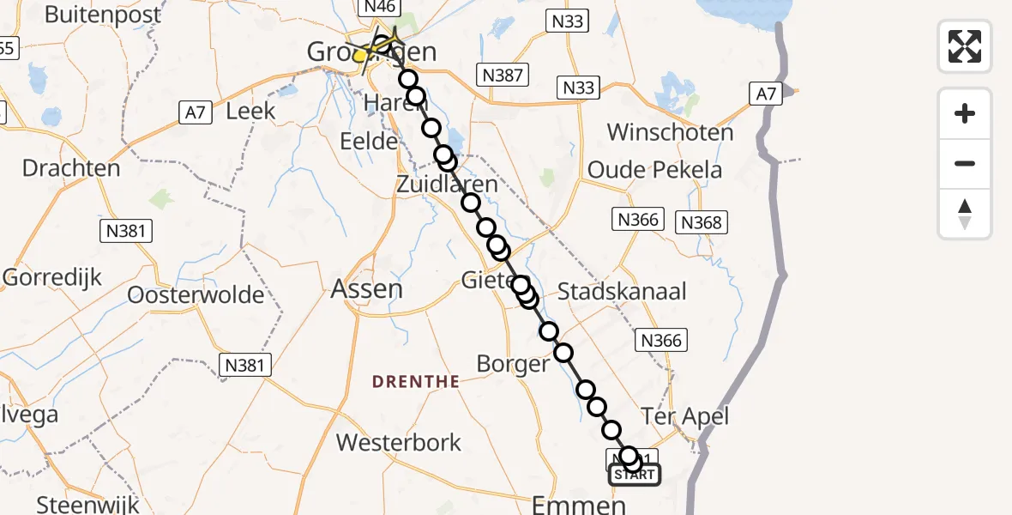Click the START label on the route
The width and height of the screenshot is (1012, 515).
635,475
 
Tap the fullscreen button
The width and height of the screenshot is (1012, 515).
965,45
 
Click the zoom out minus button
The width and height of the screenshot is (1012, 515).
965,163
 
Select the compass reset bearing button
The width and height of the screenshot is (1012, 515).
965,214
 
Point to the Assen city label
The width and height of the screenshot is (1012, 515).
367,288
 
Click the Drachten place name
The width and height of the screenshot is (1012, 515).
71,167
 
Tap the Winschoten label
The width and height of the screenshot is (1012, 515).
671,132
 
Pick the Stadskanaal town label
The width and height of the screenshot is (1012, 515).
622,291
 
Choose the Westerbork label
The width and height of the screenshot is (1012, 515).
399,442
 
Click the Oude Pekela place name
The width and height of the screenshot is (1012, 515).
654,170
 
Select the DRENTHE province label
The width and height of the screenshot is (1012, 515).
417,381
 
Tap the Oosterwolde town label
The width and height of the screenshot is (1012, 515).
196,294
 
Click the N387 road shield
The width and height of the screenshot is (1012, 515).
503,76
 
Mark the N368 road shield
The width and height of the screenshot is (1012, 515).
702,223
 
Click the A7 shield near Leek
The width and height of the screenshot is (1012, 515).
195,112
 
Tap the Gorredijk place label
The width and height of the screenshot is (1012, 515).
51,277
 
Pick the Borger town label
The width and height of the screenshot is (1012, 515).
512,363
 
